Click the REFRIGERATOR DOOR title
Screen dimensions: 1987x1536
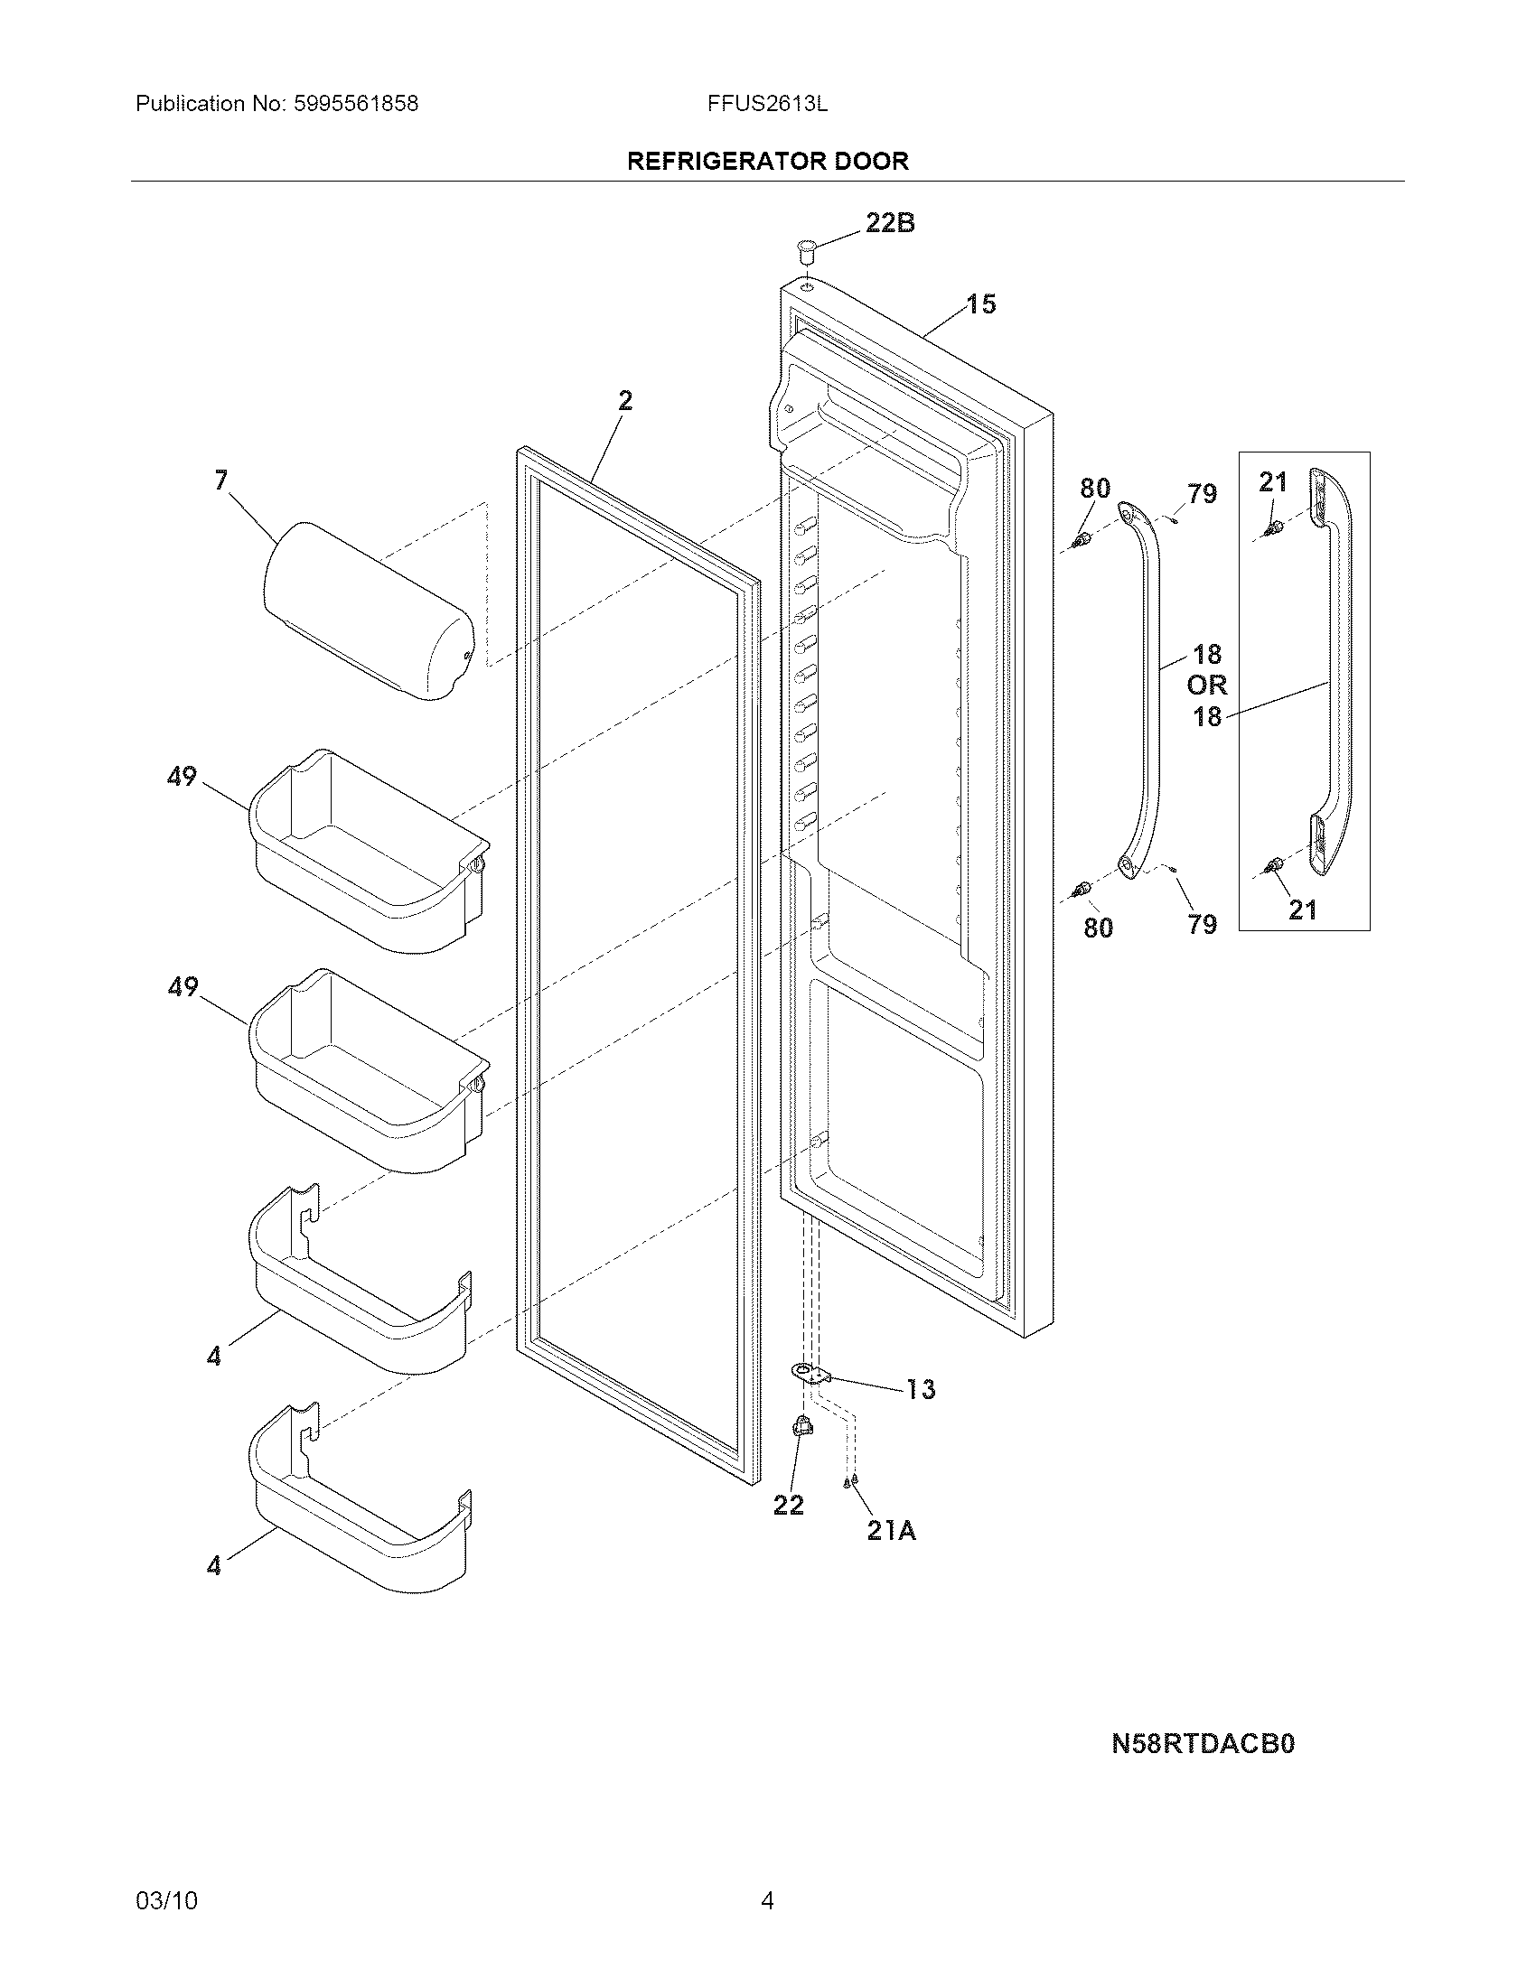[x=767, y=161]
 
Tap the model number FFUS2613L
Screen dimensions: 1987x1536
[x=767, y=104]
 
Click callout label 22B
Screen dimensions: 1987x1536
[x=889, y=223]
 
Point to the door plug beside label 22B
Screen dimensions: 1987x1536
[x=805, y=246]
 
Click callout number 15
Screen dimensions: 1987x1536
[x=980, y=303]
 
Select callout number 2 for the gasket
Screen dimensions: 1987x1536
[x=625, y=400]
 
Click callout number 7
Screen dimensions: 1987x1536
[x=221, y=480]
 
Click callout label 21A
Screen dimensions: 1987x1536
[x=891, y=1531]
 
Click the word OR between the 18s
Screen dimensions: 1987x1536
[x=1206, y=686]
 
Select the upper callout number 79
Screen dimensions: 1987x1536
[x=1201, y=494]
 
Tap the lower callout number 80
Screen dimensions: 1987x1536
[x=1099, y=928]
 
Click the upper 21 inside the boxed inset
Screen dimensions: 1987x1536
[x=1272, y=482]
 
